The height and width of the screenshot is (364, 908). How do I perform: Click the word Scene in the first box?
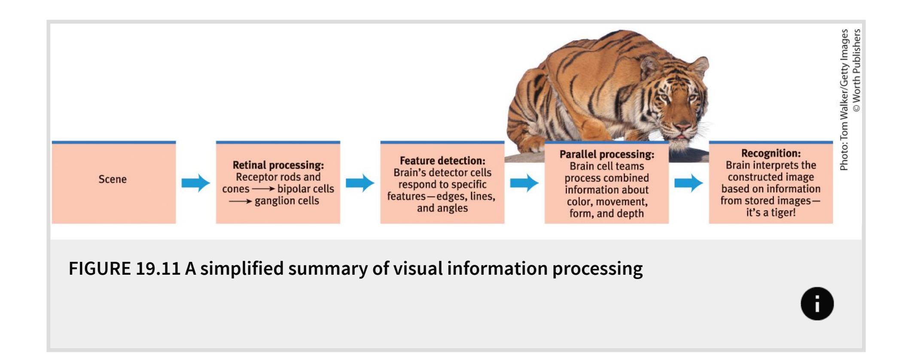(x=113, y=179)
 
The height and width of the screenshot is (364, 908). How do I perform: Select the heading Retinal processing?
(x=278, y=165)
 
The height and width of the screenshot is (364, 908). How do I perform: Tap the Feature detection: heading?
(x=442, y=161)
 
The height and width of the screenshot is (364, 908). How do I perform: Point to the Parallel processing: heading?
(x=606, y=155)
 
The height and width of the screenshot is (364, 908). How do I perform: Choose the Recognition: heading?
(x=771, y=153)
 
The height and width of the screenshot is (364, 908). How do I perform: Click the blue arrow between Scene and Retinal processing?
(x=195, y=183)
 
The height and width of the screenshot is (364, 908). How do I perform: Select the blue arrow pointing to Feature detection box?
(x=360, y=183)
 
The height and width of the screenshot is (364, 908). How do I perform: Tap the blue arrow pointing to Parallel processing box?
(x=524, y=183)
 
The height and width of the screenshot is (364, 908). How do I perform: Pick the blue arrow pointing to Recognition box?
(x=689, y=183)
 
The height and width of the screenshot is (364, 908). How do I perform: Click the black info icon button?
(x=817, y=303)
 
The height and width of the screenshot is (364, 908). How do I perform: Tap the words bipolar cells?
(x=305, y=189)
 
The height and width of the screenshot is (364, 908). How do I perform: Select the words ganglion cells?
(x=286, y=201)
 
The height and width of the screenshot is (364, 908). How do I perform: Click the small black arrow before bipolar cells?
(x=263, y=189)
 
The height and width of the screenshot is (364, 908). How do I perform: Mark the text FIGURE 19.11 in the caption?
(x=124, y=269)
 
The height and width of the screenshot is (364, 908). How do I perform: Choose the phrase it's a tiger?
(x=771, y=212)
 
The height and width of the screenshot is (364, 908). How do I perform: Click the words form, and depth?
(x=606, y=213)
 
